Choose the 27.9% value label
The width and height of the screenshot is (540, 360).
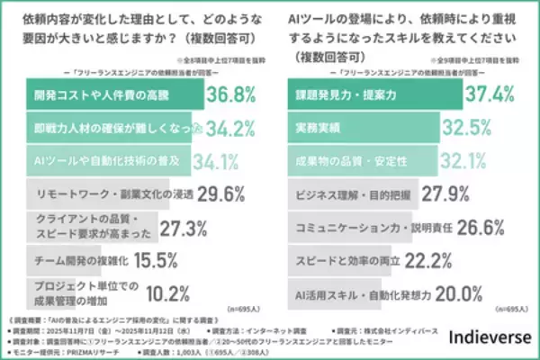(444, 193)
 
